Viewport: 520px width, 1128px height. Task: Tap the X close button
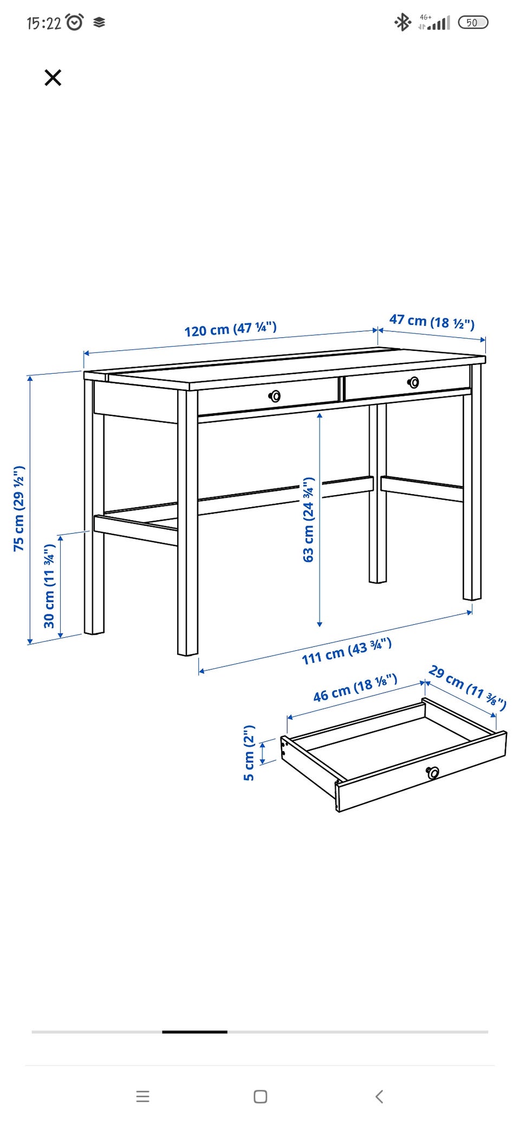[53, 78]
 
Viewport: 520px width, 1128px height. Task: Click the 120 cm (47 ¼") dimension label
[230, 329]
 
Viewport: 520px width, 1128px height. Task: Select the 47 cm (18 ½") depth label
[432, 322]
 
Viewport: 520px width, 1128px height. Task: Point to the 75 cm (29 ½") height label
[19, 508]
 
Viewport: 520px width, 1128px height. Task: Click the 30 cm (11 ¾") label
[49, 586]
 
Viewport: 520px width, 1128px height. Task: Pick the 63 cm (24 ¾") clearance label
[308, 520]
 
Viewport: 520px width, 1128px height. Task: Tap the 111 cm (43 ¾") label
[347, 651]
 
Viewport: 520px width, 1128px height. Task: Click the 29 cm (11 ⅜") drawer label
[467, 687]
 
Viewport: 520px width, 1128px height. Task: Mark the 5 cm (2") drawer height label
[249, 753]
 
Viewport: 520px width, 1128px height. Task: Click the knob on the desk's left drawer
[275, 396]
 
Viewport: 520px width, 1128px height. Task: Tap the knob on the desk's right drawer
[413, 382]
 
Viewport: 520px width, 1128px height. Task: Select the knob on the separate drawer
[432, 772]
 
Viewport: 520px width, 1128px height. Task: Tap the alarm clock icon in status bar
[75, 22]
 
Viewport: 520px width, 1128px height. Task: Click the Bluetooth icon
[402, 22]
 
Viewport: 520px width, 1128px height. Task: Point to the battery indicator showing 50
[473, 22]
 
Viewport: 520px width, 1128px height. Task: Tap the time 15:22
[44, 23]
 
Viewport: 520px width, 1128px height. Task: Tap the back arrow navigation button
[379, 1097]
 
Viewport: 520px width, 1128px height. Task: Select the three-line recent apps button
[142, 1097]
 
